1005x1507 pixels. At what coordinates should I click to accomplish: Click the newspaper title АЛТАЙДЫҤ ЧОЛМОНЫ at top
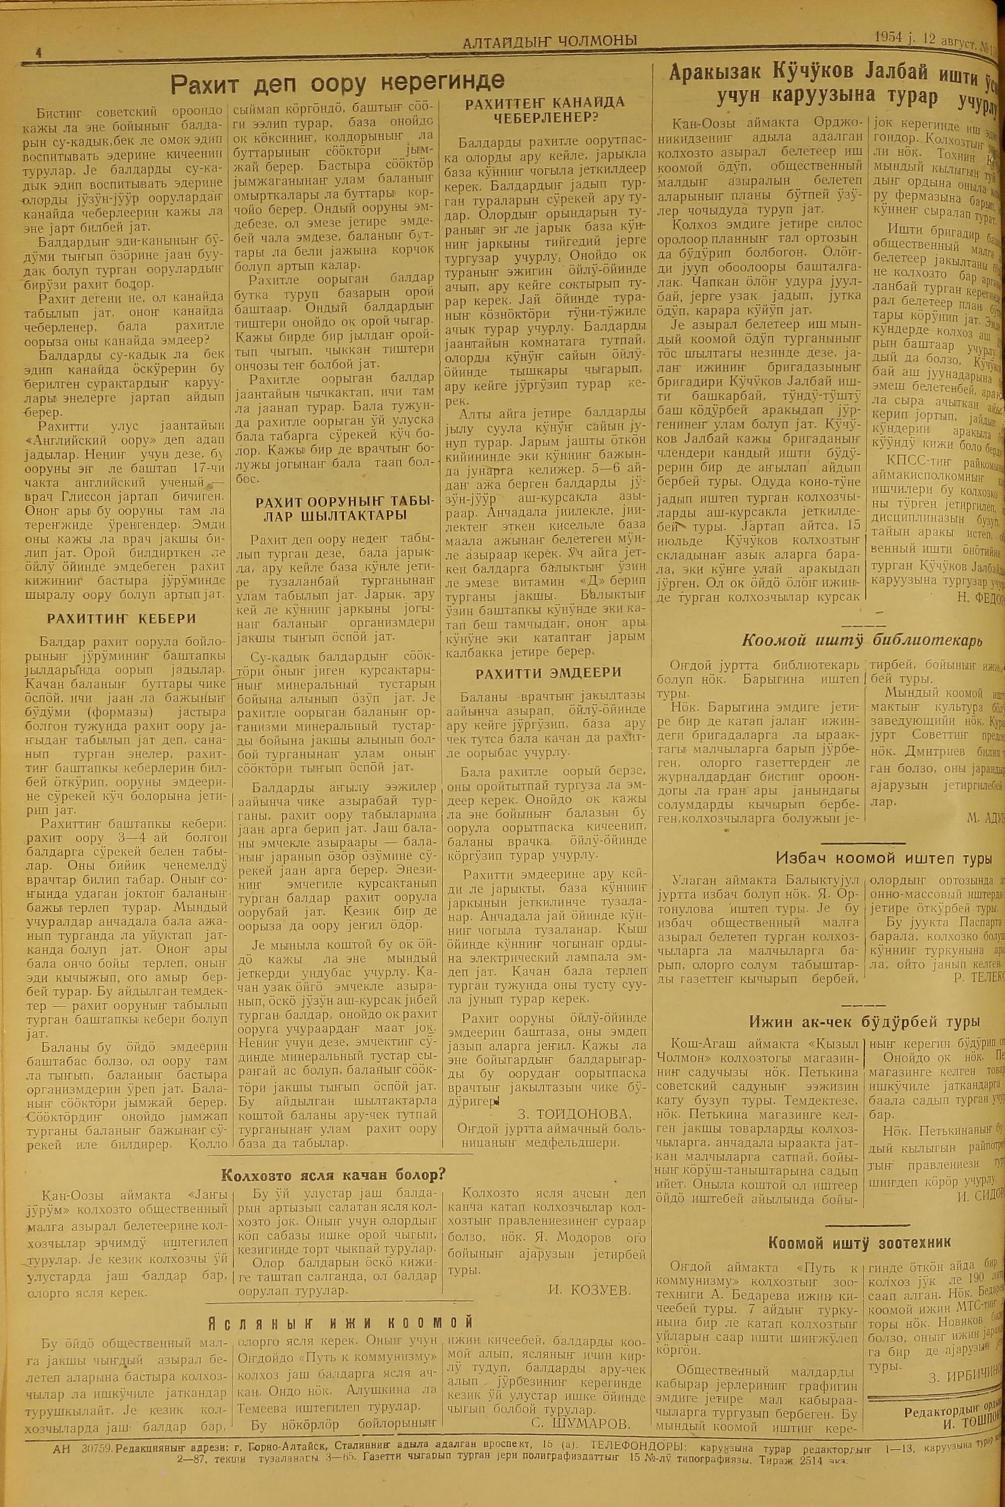pyautogui.click(x=549, y=41)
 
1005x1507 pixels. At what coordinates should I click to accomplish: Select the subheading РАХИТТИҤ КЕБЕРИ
pyautogui.click(x=122, y=368)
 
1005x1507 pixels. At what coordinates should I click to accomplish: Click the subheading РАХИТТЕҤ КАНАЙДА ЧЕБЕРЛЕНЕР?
pyautogui.click(x=545, y=110)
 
